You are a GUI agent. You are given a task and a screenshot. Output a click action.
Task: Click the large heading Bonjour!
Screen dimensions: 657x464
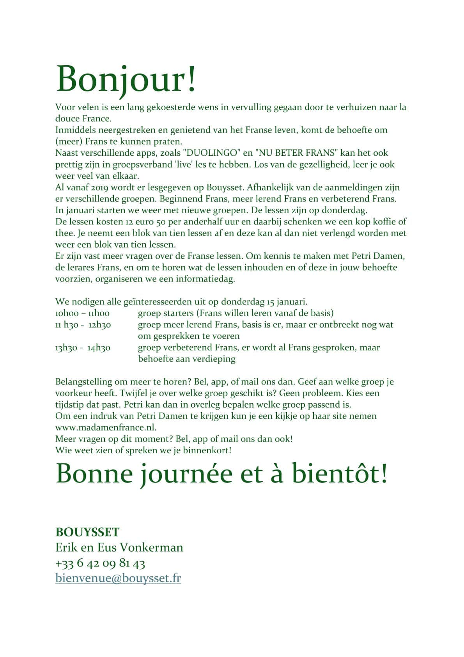(126, 79)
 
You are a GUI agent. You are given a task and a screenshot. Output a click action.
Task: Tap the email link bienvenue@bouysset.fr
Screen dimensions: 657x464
(118, 578)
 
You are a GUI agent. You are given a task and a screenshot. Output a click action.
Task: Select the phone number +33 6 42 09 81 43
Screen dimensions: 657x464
(100, 563)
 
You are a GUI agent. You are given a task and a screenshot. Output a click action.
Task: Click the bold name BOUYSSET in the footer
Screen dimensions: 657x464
(87, 532)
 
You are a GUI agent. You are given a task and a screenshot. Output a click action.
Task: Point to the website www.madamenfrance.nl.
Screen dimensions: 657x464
(106, 427)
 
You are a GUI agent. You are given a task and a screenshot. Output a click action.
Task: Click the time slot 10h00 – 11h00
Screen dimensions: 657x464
(82, 313)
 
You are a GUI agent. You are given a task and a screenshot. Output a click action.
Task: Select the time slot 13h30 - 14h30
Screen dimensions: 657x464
(83, 347)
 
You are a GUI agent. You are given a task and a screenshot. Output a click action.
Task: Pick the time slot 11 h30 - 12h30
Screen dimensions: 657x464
(83, 324)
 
